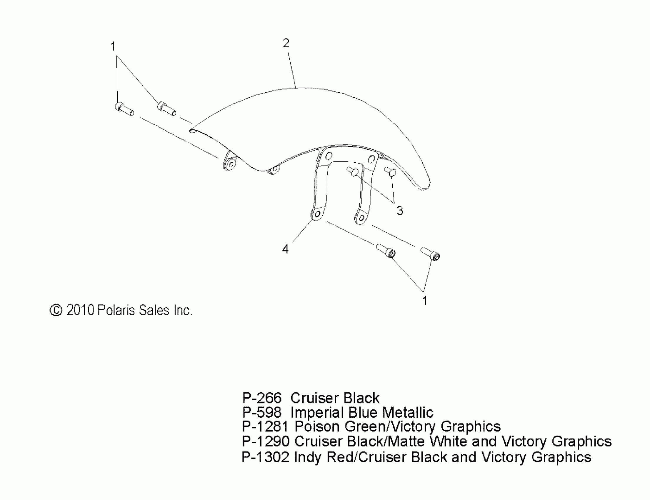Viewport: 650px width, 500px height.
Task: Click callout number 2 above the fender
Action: click(x=286, y=44)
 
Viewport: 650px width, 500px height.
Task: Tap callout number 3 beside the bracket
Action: click(x=400, y=211)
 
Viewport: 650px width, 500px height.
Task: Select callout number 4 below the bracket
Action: click(x=285, y=249)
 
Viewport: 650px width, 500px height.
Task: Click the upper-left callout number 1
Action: click(x=113, y=46)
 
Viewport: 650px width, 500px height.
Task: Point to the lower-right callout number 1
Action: click(x=425, y=301)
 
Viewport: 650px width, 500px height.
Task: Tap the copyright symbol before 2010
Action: click(x=56, y=310)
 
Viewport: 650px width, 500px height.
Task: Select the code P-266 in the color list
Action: click(x=261, y=398)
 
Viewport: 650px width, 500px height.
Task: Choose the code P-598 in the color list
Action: click(x=261, y=412)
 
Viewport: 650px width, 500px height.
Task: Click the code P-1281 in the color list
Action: click(x=265, y=427)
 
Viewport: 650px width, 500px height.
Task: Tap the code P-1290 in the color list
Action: click(x=265, y=441)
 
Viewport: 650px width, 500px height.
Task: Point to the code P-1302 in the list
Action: click(x=265, y=457)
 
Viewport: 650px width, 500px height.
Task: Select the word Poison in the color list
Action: click(x=317, y=427)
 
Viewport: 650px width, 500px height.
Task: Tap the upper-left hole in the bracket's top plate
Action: click(x=329, y=155)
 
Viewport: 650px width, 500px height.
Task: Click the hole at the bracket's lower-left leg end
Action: click(x=317, y=214)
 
